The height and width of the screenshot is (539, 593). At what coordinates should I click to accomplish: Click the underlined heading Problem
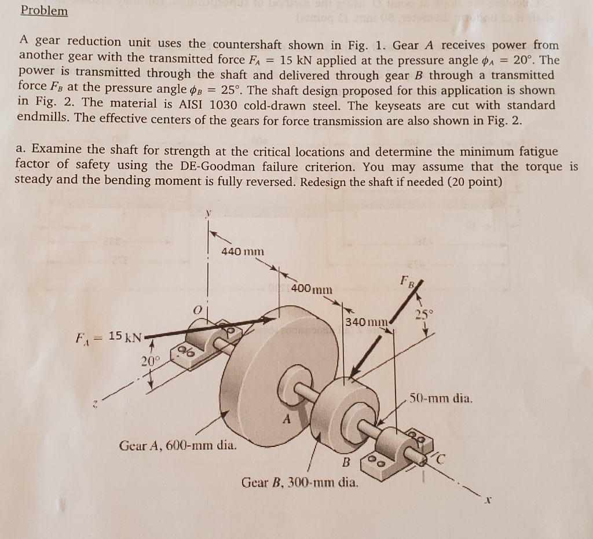tap(44, 11)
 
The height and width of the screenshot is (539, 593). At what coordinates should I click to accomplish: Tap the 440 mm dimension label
tap(243, 251)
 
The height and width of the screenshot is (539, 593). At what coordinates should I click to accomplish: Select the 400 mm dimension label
tap(312, 288)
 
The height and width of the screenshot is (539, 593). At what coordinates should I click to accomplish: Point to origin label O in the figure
tap(196, 312)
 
